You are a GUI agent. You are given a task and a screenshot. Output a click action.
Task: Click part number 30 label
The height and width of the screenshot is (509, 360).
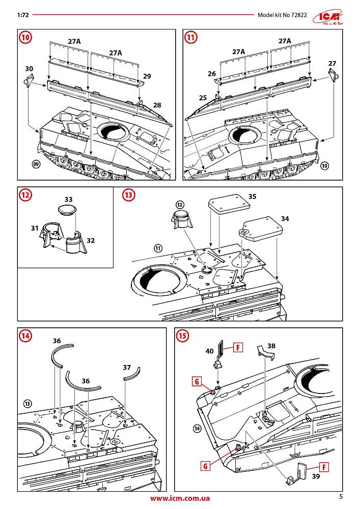pyautogui.click(x=29, y=68)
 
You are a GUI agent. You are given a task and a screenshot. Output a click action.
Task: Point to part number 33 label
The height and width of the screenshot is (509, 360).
pyautogui.click(x=69, y=199)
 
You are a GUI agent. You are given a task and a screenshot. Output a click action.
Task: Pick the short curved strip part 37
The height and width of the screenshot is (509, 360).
pyautogui.click(x=131, y=376)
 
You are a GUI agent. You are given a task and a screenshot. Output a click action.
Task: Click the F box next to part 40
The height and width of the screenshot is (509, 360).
pyautogui.click(x=238, y=348)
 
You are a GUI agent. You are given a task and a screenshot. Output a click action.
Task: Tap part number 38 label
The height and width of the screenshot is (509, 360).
pyautogui.click(x=271, y=345)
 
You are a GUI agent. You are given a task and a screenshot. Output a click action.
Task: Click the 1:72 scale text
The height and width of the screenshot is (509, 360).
pyautogui.click(x=22, y=15)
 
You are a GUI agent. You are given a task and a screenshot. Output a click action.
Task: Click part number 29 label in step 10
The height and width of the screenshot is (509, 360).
pyautogui.click(x=147, y=76)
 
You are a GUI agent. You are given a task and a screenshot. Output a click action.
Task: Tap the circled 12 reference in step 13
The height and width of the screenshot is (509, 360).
pyautogui.click(x=180, y=204)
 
